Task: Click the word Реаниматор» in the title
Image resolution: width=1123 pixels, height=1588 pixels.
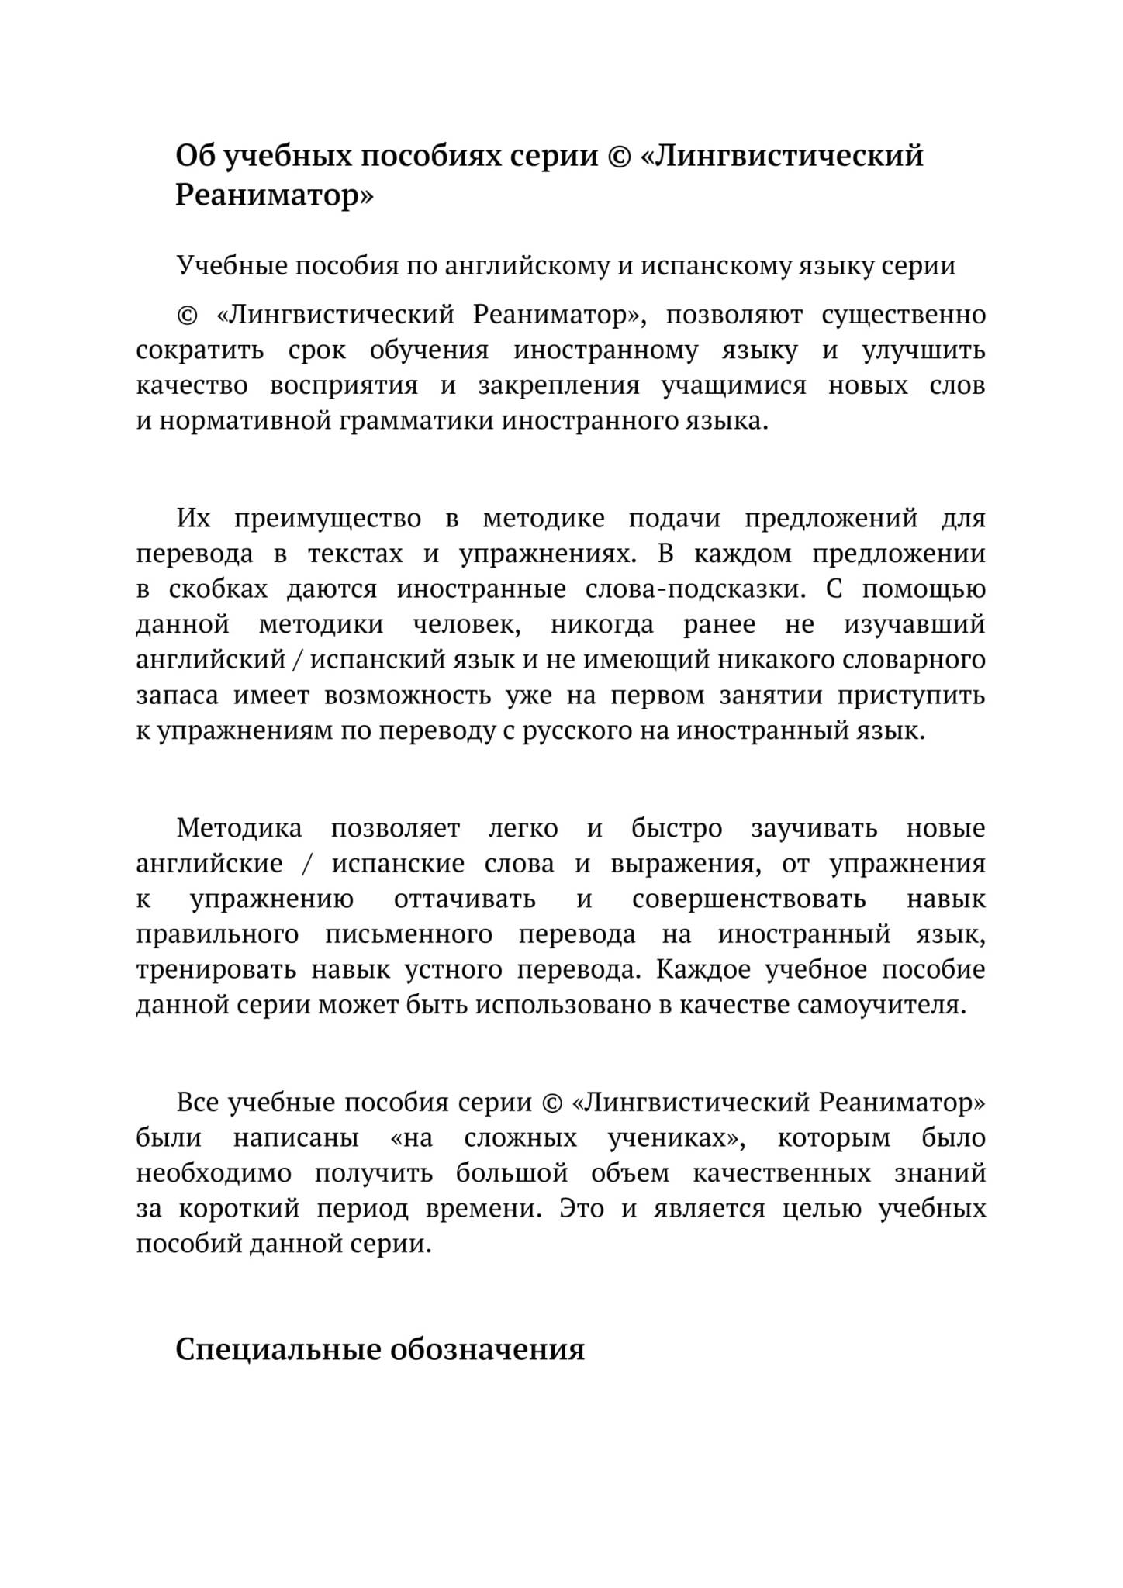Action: pos(274,195)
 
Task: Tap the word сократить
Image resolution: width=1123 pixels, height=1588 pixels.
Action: pos(200,350)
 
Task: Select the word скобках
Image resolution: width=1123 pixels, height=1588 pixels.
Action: pos(218,589)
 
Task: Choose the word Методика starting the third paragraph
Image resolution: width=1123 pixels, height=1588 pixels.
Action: pos(239,829)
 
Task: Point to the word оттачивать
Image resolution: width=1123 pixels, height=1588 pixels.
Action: pos(465,900)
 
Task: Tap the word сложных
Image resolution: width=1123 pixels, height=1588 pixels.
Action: pos(520,1139)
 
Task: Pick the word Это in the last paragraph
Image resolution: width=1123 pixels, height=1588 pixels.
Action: pos(582,1210)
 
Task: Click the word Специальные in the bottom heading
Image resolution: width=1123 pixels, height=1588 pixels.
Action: pos(277,1350)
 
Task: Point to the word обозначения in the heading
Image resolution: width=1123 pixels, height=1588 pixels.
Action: pos(487,1350)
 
